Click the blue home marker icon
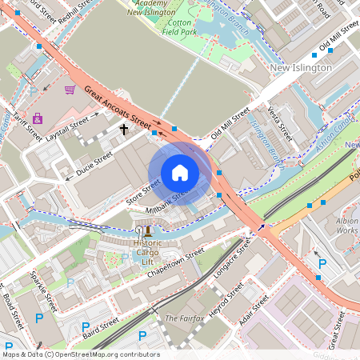(x=180, y=173)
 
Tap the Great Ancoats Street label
(x=117, y=110)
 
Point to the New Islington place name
(x=300, y=68)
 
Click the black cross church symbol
(x=123, y=128)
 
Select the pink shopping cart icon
(x=70, y=90)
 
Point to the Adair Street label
(x=255, y=312)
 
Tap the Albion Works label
(x=347, y=225)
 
